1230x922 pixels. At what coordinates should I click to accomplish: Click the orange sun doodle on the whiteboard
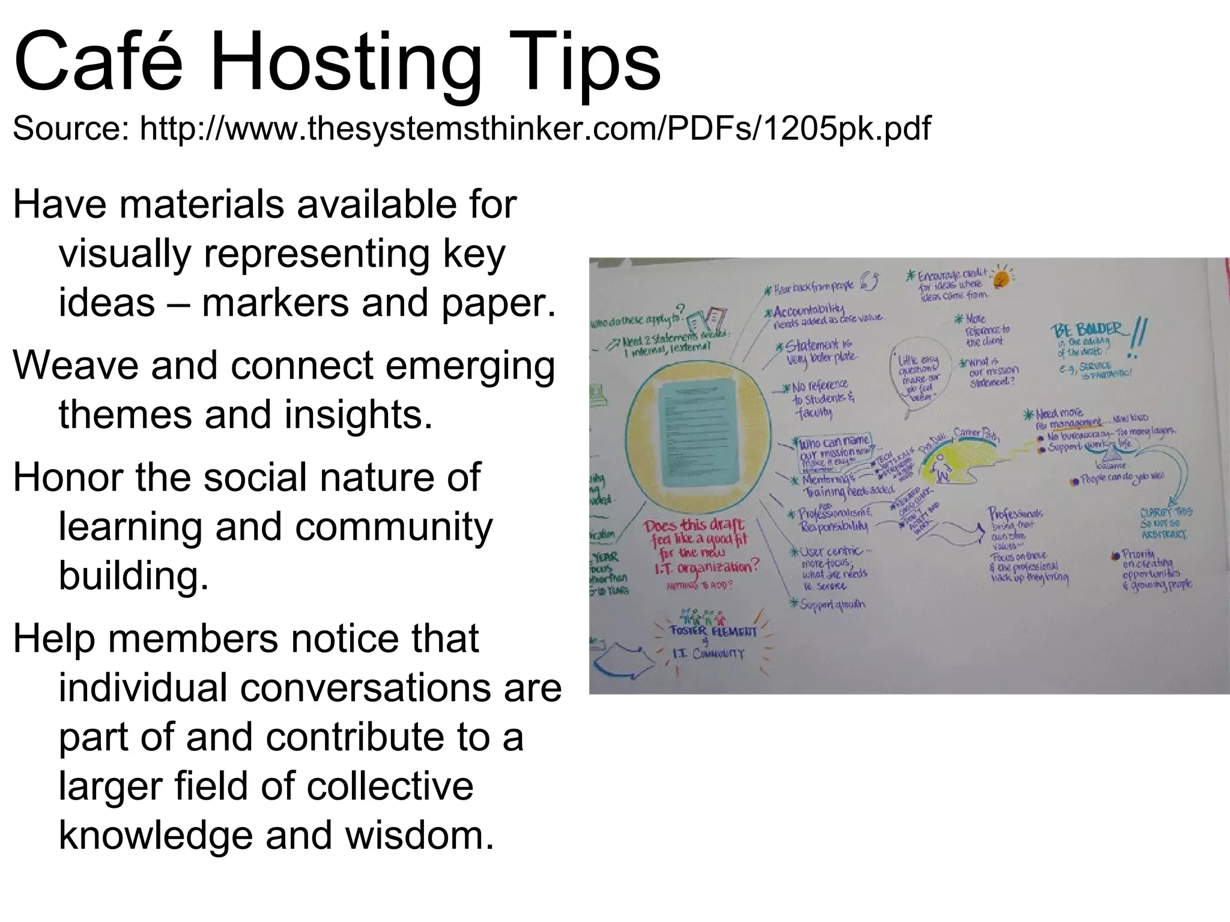pos(1001,278)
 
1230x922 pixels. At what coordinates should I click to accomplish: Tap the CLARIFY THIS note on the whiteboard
pos(1166,522)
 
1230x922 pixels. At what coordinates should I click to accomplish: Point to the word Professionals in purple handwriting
pos(1016,514)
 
